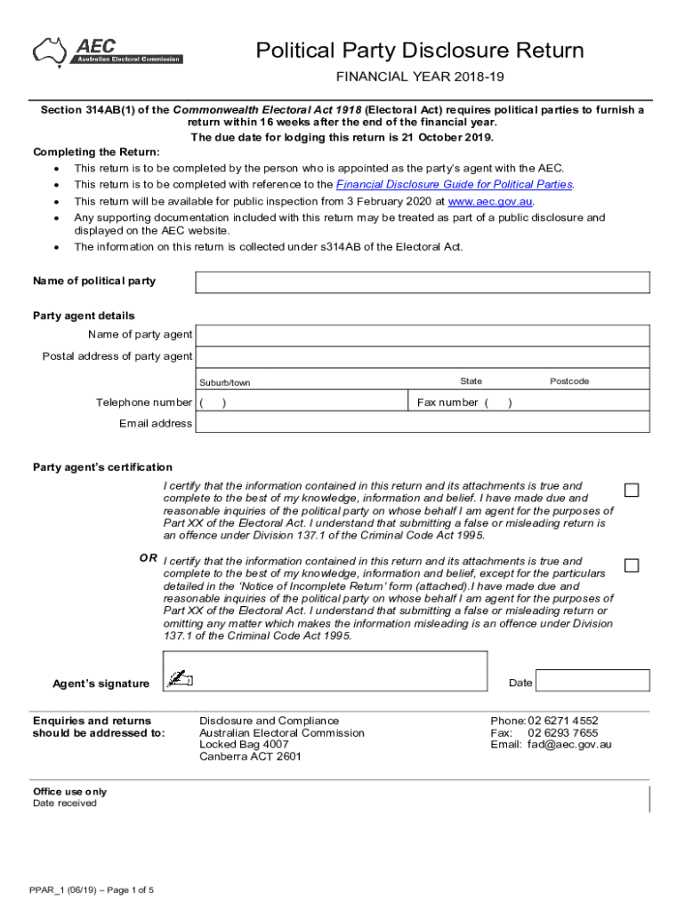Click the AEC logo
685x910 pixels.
[108, 51]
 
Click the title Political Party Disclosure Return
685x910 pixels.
[420, 50]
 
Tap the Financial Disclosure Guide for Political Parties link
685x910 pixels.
[454, 185]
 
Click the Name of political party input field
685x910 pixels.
[423, 282]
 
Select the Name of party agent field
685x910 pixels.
[423, 335]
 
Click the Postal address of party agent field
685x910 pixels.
[423, 357]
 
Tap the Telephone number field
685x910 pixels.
[302, 403]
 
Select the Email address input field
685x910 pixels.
[423, 424]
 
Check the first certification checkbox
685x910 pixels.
[632, 491]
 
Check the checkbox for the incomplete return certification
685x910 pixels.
[632, 566]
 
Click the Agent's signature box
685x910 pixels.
[326, 671]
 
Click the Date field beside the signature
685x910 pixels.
[593, 681]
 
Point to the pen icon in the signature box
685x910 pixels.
[181, 680]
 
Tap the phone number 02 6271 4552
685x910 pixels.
[563, 721]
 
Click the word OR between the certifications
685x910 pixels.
[149, 558]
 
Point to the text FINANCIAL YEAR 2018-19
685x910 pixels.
[420, 78]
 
